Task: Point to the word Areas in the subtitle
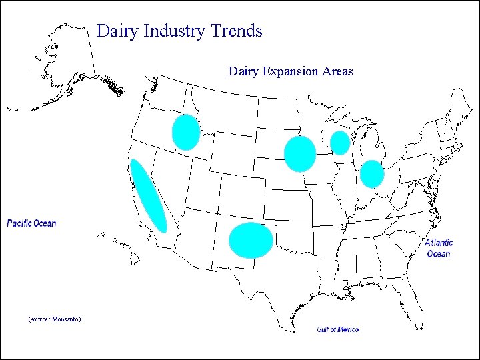pyautogui.click(x=337, y=71)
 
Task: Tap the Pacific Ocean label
pyautogui.click(x=31, y=223)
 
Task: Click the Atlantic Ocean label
pyautogui.click(x=439, y=248)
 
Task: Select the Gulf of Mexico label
pyautogui.click(x=337, y=329)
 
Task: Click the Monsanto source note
pyautogui.click(x=55, y=319)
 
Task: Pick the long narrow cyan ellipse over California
pyautogui.click(x=148, y=196)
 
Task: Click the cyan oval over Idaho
pyautogui.click(x=185, y=132)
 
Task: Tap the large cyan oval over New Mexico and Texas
pyautogui.click(x=251, y=241)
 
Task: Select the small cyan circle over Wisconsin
pyautogui.click(x=340, y=143)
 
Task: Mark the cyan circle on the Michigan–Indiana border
pyautogui.click(x=372, y=174)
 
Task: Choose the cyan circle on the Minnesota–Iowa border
pyautogui.click(x=299, y=154)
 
